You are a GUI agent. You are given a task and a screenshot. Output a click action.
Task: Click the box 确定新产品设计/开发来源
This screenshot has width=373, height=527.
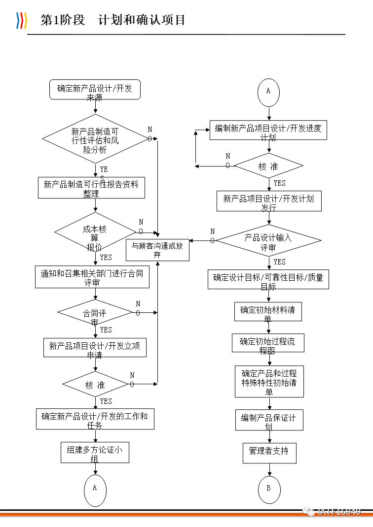95,90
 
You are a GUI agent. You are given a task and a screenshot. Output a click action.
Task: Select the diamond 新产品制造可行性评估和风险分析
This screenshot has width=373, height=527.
95,138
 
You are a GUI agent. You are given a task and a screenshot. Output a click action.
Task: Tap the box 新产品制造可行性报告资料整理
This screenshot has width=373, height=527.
91,188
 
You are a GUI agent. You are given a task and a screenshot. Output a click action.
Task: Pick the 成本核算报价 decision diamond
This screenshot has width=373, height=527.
95,231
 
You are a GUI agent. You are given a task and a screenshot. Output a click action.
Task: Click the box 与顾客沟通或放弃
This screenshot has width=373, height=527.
157,249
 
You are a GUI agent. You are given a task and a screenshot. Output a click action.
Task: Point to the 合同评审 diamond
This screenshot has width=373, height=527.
95,312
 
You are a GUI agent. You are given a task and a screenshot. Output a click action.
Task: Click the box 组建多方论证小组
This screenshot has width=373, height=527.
95,453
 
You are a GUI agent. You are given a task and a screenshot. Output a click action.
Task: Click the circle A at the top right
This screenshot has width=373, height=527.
268,92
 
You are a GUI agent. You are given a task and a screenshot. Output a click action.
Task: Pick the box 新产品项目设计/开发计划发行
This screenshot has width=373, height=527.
269,201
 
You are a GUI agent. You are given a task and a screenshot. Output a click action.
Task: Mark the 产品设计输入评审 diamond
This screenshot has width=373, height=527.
268,241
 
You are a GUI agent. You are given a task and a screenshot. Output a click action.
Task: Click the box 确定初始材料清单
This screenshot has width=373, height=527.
268,311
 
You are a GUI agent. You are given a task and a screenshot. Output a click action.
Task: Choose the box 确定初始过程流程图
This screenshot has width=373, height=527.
268,343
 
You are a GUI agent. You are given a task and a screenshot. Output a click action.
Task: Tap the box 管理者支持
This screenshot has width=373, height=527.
269,453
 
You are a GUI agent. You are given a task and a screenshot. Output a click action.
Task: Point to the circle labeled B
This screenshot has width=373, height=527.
269,489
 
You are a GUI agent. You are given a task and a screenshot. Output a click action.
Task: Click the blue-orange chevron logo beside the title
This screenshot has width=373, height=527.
21,20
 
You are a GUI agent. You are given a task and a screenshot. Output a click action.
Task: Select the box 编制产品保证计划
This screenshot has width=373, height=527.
269,420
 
